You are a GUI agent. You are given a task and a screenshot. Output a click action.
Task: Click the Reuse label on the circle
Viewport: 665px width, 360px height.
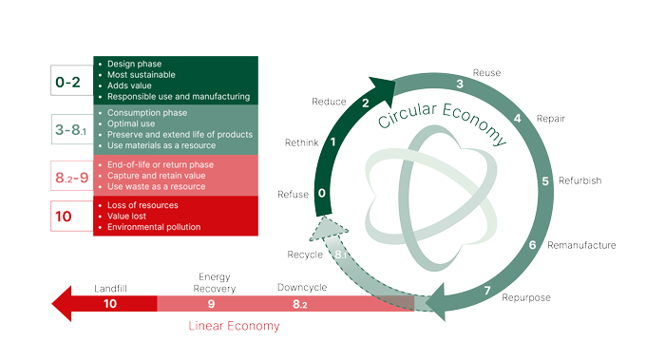coord(485,73)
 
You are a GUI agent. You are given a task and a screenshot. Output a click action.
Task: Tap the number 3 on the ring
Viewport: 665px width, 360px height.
coord(459,85)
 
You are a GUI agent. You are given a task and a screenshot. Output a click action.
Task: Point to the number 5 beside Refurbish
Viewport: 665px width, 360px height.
coord(545,181)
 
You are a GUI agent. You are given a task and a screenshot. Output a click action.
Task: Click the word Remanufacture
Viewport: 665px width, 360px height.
coord(581,245)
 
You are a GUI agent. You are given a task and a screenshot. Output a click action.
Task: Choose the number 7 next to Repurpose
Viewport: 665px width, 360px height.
coord(487,291)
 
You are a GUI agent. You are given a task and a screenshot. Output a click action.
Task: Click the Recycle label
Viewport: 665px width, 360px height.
coord(306,255)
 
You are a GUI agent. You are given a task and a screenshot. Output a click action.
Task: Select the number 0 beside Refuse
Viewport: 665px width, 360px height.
coord(322,194)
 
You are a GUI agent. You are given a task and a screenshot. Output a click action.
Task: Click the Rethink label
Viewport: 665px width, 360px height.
coord(303,142)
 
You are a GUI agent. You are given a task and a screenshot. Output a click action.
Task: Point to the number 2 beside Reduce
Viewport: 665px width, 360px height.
coord(366,103)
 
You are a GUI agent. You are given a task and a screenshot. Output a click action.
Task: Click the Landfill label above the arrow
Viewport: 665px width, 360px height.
coord(111,287)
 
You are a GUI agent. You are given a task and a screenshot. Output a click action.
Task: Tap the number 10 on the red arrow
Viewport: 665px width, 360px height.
coord(110,304)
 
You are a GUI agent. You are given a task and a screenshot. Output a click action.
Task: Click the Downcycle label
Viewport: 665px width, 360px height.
coord(302,287)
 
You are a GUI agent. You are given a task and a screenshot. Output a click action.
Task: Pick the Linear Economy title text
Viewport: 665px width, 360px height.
coord(234,326)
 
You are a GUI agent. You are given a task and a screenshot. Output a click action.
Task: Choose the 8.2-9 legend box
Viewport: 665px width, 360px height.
coord(72,177)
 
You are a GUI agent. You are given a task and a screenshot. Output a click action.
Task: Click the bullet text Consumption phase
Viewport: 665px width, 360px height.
coord(150,111)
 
